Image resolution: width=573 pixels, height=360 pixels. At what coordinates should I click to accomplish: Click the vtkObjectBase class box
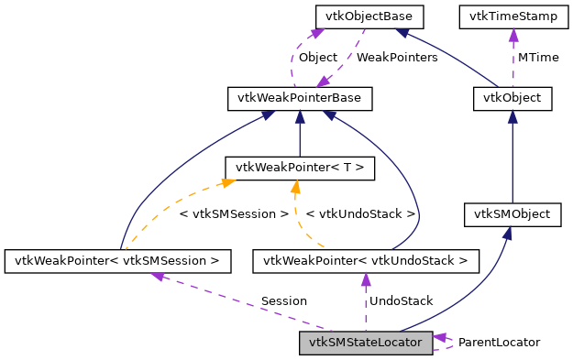[363, 16]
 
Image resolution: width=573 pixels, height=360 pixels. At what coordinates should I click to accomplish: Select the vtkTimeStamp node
[512, 16]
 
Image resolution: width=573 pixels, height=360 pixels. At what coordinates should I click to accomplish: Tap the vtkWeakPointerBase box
[300, 96]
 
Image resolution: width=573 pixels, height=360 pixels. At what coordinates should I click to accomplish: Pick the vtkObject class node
[512, 97]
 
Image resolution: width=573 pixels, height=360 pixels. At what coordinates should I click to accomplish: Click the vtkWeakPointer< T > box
[300, 167]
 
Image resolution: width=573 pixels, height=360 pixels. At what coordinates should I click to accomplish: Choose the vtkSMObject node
[512, 214]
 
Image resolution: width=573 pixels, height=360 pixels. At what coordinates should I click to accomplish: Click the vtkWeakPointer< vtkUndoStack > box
[366, 261]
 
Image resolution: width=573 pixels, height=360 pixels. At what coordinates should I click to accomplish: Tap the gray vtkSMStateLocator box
[366, 343]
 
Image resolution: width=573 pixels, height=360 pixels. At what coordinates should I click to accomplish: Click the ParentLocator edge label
[499, 342]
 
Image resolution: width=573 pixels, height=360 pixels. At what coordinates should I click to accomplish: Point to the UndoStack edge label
[400, 300]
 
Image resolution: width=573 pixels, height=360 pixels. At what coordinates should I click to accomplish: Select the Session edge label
[283, 300]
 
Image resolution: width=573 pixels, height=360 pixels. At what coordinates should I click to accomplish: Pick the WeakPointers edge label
[396, 57]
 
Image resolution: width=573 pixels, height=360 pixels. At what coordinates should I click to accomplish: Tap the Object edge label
[318, 57]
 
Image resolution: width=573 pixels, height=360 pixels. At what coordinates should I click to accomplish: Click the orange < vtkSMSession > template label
[234, 213]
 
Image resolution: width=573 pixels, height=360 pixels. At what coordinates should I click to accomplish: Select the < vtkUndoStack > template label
[360, 213]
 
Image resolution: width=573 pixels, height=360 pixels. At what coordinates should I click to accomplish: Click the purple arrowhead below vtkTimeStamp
[512, 34]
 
